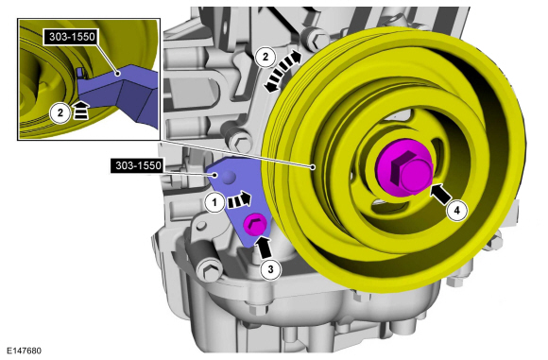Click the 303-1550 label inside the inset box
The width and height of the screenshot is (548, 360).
coord(74,38)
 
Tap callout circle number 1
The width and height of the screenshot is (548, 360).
coord(215,200)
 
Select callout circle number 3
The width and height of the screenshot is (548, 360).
coord(269,266)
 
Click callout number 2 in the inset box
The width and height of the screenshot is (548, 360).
coord(59,112)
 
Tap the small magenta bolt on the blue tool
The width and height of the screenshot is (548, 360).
coord(254,225)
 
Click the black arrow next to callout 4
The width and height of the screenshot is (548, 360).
coord(439,194)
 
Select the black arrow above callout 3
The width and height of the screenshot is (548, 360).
coord(265,245)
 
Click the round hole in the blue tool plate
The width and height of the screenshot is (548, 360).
coord(226,177)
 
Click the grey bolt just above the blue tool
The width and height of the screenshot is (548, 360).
coord(243,145)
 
